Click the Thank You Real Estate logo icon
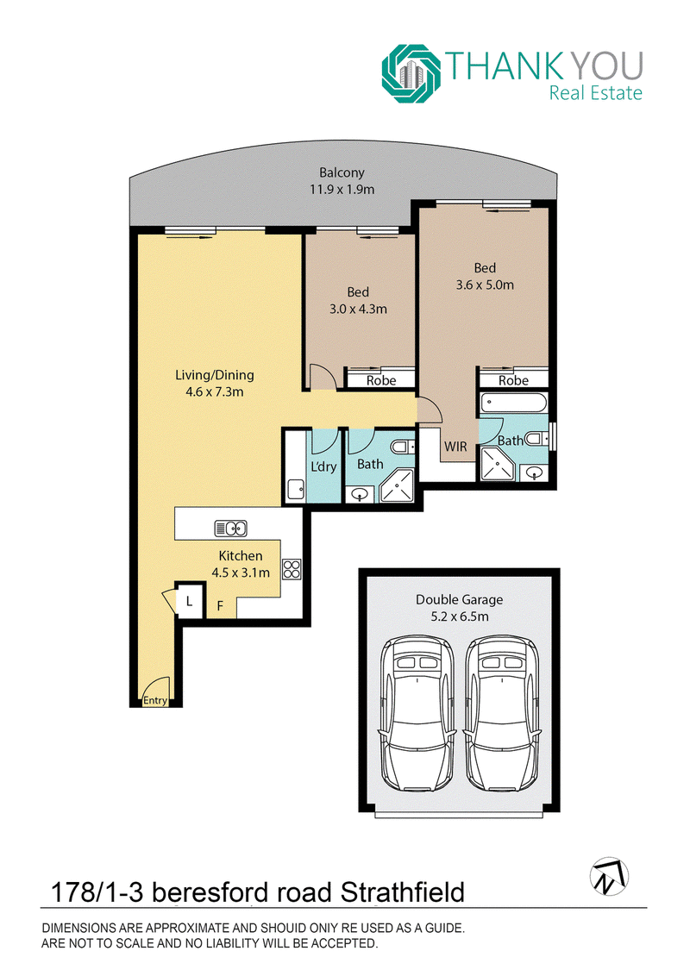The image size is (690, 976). [411, 73]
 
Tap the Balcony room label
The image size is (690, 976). [342, 172]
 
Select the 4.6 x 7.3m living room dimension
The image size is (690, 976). [214, 391]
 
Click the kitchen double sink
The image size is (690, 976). [231, 529]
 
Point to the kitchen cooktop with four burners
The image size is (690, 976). [292, 570]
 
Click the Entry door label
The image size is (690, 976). [155, 700]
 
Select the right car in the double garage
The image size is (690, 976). [502, 713]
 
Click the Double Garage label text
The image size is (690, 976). [460, 599]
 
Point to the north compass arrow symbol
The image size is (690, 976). [609, 876]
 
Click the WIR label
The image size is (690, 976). [455, 447]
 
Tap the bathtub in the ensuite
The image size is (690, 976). [514, 403]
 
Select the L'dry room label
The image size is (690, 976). [323, 466]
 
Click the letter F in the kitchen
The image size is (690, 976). [220, 605]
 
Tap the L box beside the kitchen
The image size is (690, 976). [189, 602]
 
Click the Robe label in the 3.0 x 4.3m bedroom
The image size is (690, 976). [381, 380]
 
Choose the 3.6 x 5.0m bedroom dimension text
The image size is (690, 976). [485, 285]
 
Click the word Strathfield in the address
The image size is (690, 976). [402, 892]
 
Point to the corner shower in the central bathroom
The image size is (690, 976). [397, 485]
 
